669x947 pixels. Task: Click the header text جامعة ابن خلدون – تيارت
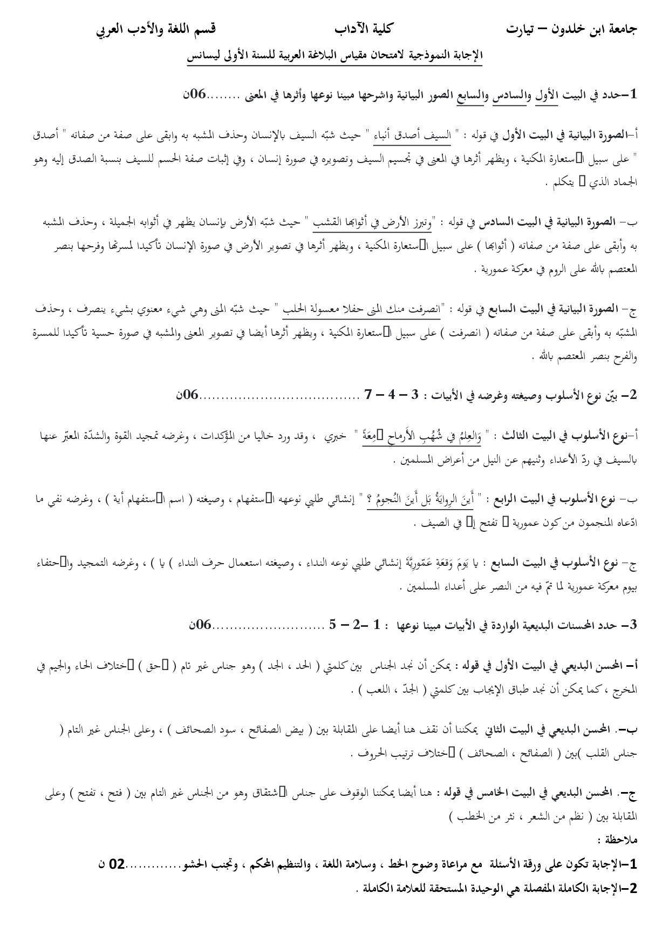pyautogui.click(x=572, y=30)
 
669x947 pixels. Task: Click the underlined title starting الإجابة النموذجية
pyautogui.click(x=334, y=56)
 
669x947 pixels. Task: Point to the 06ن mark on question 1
pyautogui.click(x=195, y=94)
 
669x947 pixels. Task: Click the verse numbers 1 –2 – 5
pyautogui.click(x=359, y=625)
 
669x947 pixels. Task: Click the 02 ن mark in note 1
pyautogui.click(x=111, y=865)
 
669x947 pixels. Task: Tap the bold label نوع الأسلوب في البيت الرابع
pyautogui.click(x=555, y=499)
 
